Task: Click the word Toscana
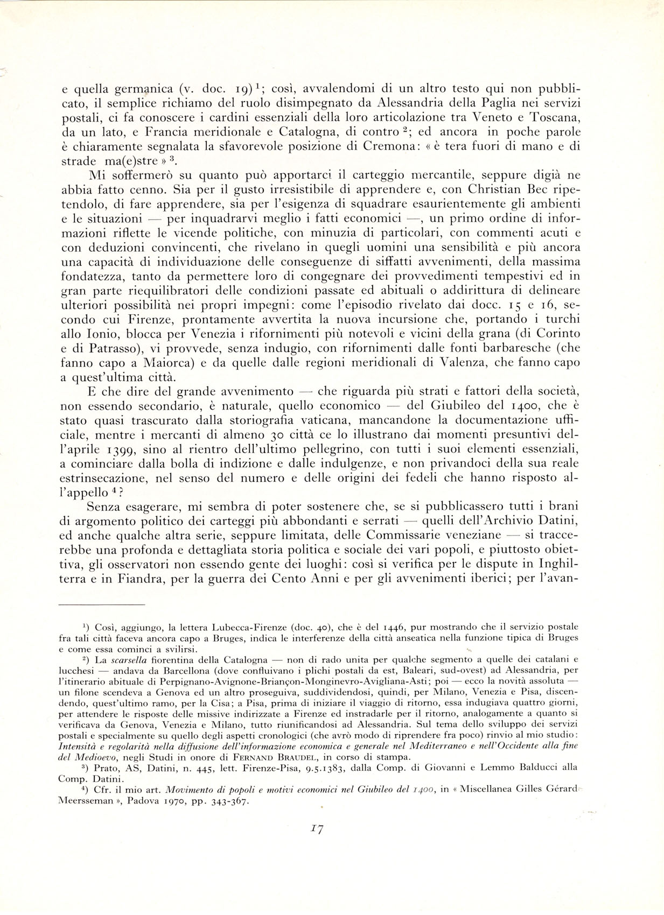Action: point(554,117)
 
